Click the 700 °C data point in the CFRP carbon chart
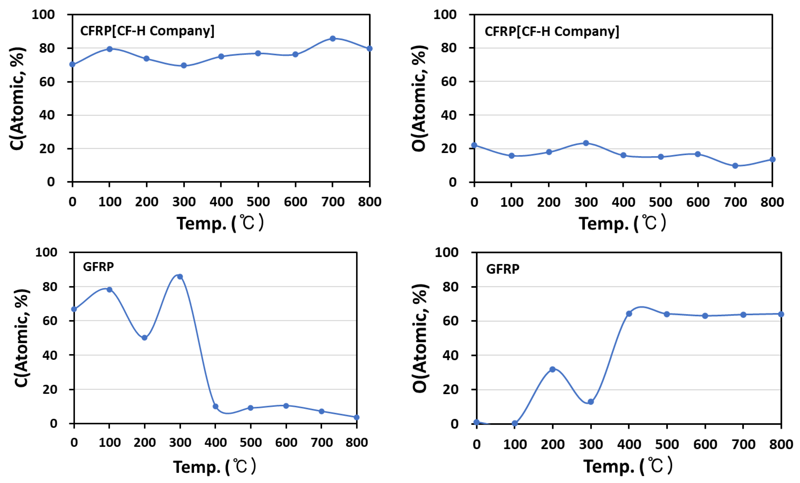tap(332, 39)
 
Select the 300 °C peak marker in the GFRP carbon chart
tap(180, 277)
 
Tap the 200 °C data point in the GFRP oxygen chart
tap(552, 369)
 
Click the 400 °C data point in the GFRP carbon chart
tap(215, 406)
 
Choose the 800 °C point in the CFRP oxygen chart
tap(772, 159)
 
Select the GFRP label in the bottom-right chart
tap(503, 269)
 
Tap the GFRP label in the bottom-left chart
tap(98, 267)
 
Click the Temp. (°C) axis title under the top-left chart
tap(220, 223)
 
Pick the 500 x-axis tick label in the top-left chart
tap(258, 202)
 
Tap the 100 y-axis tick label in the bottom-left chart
tap(46, 252)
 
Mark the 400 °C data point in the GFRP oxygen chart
tap(629, 314)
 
